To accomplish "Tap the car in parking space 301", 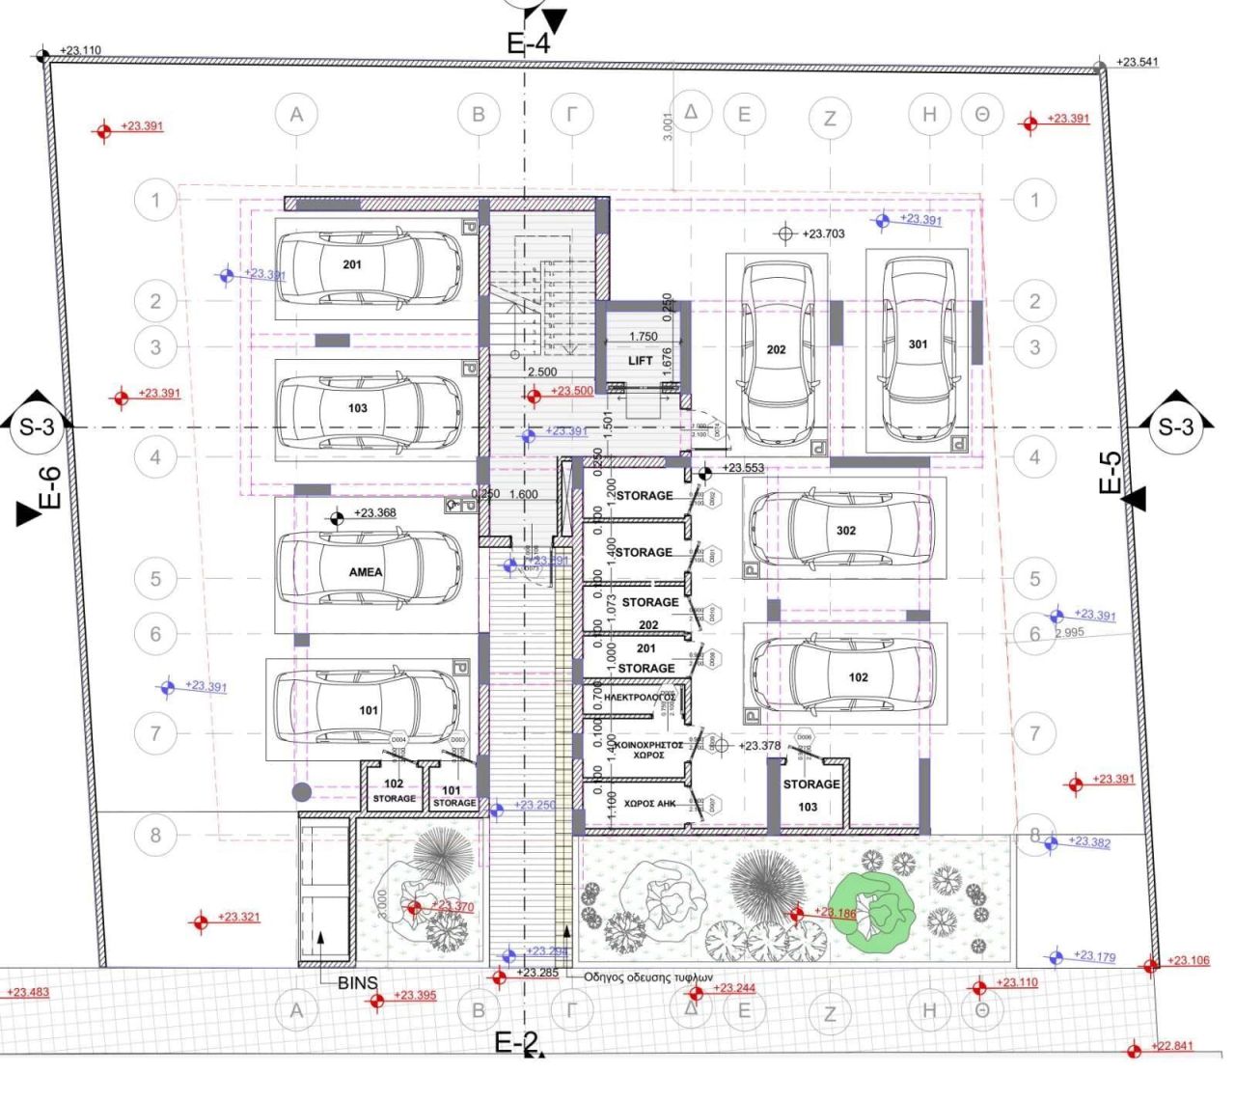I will coord(918,346).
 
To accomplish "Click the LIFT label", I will coord(641,361).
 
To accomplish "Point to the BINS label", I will coord(357,983).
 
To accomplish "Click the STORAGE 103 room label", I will coord(810,795).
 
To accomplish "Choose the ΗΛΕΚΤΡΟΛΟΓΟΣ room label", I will coord(638,697).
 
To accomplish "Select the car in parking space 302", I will coord(841,529).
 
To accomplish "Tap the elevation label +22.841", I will coord(1173,1046).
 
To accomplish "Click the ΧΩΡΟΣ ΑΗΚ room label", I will coord(648,803).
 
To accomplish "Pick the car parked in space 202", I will coord(777,350).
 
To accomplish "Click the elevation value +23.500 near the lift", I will coord(571,391).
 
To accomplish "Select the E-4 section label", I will coord(528,43).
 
